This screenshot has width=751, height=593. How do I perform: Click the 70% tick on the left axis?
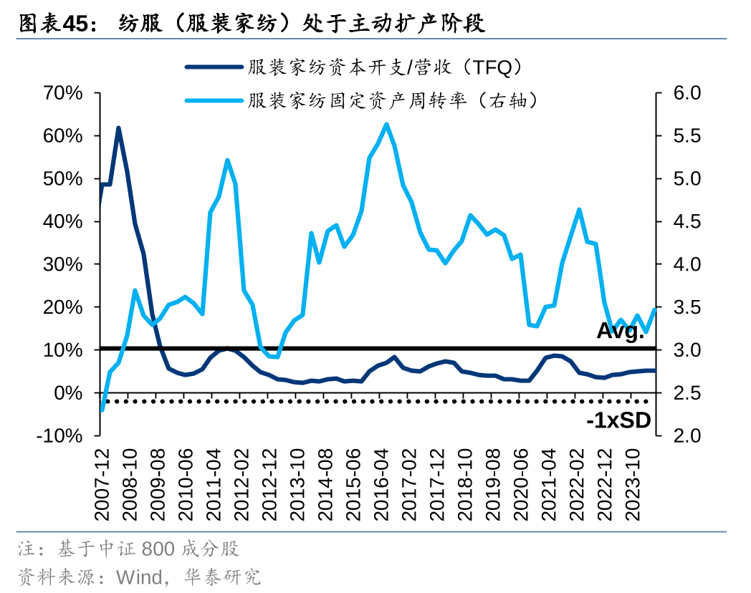(x=64, y=93)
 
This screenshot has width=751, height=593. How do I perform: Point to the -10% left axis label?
(x=60, y=436)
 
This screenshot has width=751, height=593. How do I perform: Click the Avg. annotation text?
(x=621, y=332)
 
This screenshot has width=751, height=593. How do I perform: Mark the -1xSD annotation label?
(x=618, y=421)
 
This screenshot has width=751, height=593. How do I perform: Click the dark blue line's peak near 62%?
(x=118, y=128)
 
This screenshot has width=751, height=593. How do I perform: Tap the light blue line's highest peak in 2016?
(x=386, y=124)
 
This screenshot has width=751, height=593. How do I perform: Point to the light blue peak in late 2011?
(x=227, y=160)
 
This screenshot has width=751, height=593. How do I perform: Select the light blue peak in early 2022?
(x=578, y=209)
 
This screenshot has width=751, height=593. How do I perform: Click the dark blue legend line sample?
(x=213, y=67)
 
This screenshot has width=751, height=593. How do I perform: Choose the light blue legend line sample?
(x=213, y=100)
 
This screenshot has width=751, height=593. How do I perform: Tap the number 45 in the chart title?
(x=75, y=24)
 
